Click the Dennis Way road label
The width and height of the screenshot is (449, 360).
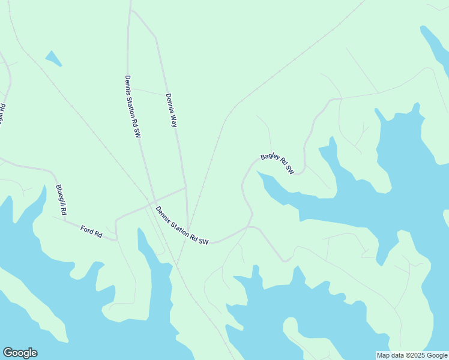click(x=172, y=110)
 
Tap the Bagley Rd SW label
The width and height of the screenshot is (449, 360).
click(x=277, y=164)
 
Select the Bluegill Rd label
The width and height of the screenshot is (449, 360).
click(x=61, y=200)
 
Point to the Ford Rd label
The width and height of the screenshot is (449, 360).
click(x=91, y=230)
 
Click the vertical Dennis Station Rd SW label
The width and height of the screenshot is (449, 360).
click(x=133, y=107)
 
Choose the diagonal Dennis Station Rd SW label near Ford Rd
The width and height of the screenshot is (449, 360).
click(x=182, y=226)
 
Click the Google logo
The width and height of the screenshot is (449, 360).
click(x=20, y=353)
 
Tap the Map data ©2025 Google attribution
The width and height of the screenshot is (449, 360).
click(x=412, y=355)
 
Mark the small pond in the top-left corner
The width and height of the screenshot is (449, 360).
click(x=53, y=58)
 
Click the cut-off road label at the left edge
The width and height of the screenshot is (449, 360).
click(x=2, y=113)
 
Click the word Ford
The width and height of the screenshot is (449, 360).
click(x=87, y=229)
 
